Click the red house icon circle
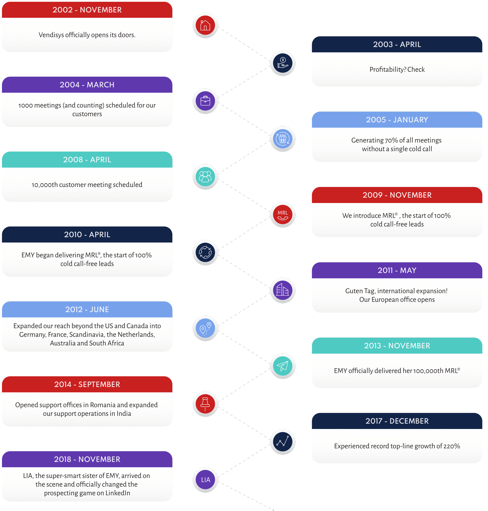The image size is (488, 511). coord(205,25)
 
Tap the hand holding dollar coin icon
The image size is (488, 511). coord(283,63)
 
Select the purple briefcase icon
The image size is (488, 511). coord(205,101)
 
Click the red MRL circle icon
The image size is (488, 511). coord(283,215)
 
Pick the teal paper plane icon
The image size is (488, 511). coord(283,366)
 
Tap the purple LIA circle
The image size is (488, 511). coord(205,480)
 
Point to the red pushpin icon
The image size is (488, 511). coord(205,404)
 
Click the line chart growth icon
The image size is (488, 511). coord(283,442)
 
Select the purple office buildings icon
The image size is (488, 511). coord(283,290)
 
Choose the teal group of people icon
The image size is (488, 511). coord(205,177)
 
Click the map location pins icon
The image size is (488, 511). coord(205,328)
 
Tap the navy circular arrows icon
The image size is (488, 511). coord(205,252)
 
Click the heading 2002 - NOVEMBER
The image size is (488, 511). coord(87,10)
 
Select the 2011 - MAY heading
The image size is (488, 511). coord(397,270)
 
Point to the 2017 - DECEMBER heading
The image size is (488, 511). coord(397,421)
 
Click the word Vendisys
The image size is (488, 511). coord(51,35)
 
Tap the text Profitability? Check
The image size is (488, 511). coord(397,70)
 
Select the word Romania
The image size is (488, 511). coord(102,405)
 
